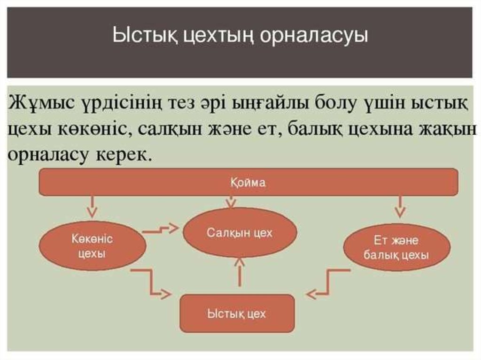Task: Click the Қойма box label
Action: (x=248, y=182)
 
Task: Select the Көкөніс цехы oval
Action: (x=92, y=245)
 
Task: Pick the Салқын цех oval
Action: (x=240, y=233)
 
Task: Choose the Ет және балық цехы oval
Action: (x=396, y=248)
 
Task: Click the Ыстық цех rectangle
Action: (x=237, y=313)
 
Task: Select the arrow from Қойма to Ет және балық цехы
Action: (x=400, y=207)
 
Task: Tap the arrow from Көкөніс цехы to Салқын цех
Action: (x=161, y=230)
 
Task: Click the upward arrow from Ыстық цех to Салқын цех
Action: (x=240, y=275)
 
